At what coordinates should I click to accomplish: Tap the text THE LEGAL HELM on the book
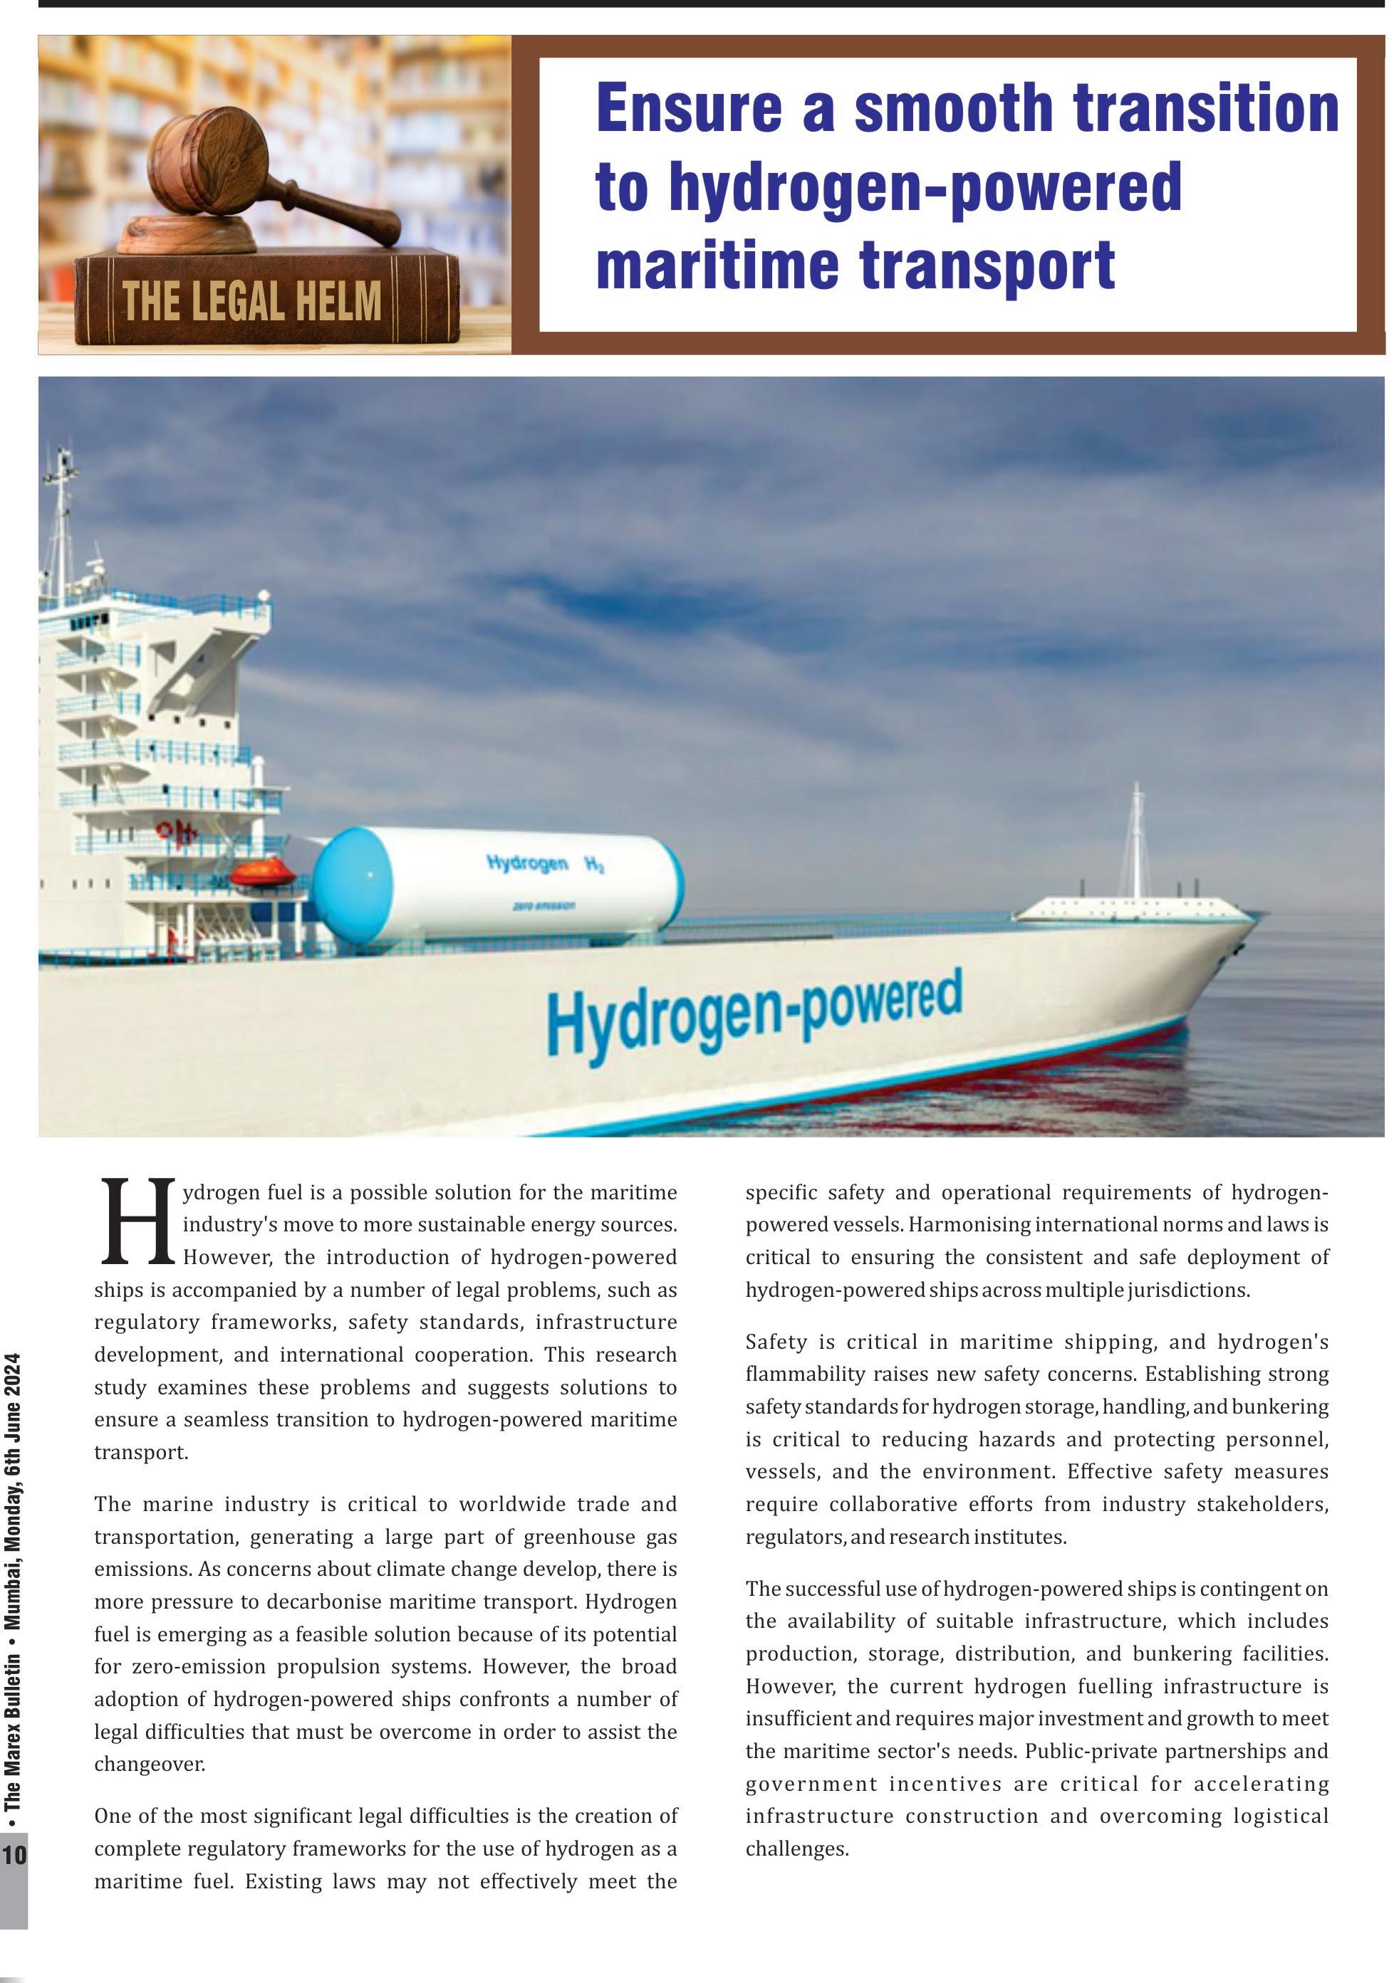point(251,303)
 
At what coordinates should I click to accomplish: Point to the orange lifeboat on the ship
point(264,873)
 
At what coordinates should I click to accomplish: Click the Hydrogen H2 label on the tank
point(544,863)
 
